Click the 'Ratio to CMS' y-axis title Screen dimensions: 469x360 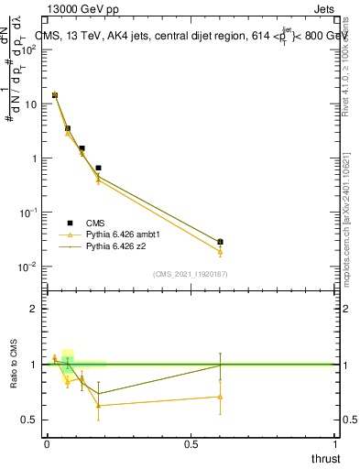point(14,364)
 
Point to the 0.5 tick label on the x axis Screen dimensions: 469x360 point(191,443)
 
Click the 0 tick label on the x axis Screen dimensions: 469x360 point(47,443)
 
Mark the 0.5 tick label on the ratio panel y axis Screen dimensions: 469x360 point(29,420)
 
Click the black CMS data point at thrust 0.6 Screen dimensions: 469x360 point(220,242)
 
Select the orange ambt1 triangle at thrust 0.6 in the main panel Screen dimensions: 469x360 point(220,252)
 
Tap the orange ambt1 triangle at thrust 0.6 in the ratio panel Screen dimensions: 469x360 point(220,397)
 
